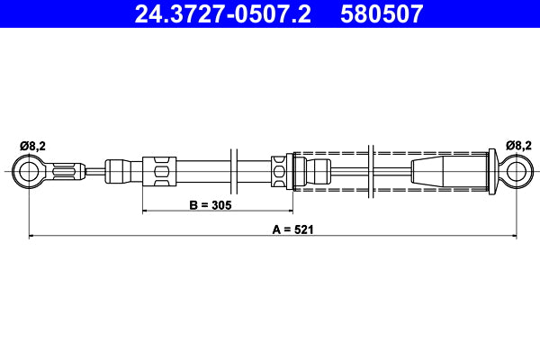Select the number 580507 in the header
[x=380, y=14]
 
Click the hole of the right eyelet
[x=517, y=170]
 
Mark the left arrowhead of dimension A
[x=32, y=237]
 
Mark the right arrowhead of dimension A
[x=513, y=237]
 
